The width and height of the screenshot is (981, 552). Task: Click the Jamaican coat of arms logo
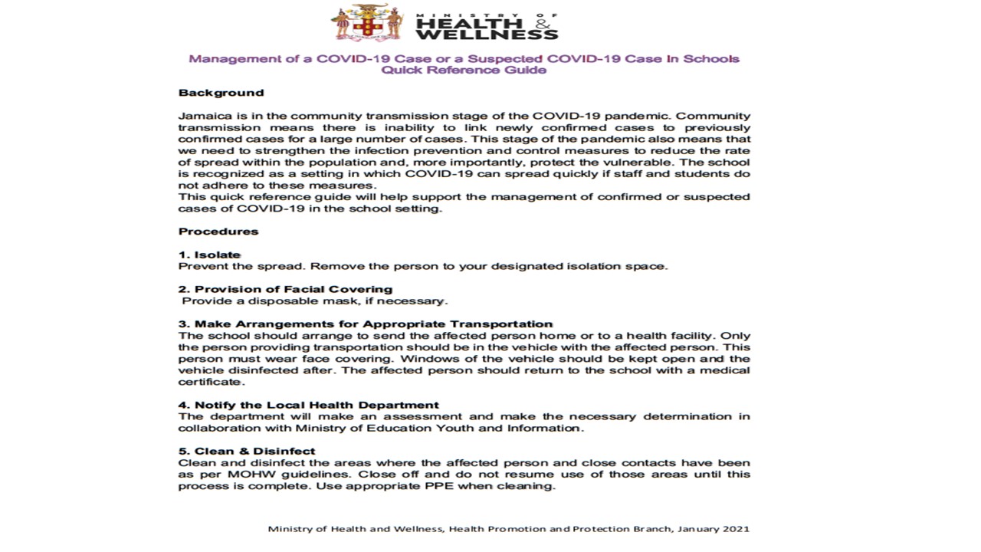(366, 23)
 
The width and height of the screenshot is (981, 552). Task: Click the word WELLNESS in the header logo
(487, 34)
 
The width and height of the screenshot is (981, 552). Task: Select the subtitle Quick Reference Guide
(464, 70)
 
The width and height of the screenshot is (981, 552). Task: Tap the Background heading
(221, 93)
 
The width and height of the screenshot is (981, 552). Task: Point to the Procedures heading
(218, 232)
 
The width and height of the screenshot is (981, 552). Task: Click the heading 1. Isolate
(209, 255)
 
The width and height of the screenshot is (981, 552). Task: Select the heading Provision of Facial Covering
(293, 289)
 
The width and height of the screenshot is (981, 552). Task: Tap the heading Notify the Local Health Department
(317, 405)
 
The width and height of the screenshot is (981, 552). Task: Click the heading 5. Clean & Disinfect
(247, 451)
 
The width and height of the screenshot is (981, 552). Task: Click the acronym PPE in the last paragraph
(439, 485)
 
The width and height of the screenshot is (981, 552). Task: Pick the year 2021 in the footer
(735, 528)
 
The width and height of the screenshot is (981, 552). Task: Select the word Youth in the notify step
(454, 428)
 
